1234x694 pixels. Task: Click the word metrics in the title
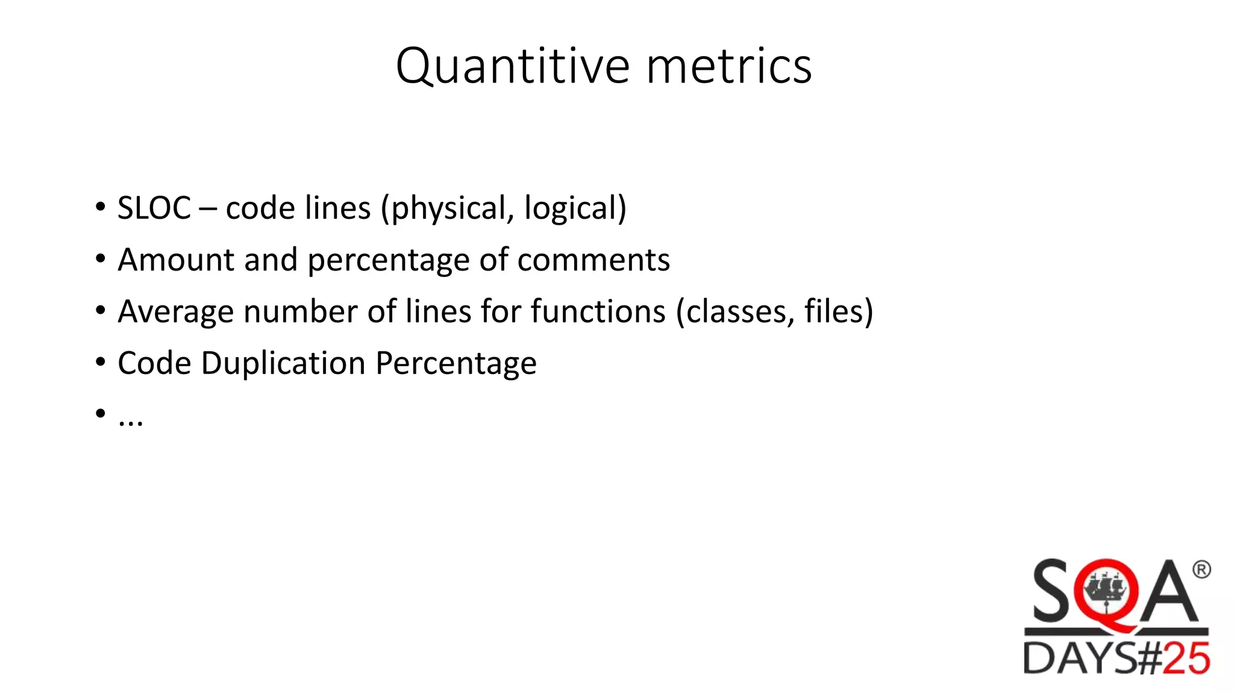(729, 66)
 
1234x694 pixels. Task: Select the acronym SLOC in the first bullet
(154, 208)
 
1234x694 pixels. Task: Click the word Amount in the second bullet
(176, 260)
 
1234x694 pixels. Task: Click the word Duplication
(283, 363)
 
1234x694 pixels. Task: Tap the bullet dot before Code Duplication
(101, 362)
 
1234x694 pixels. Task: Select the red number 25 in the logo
(1186, 658)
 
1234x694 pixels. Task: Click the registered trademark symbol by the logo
(1201, 569)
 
